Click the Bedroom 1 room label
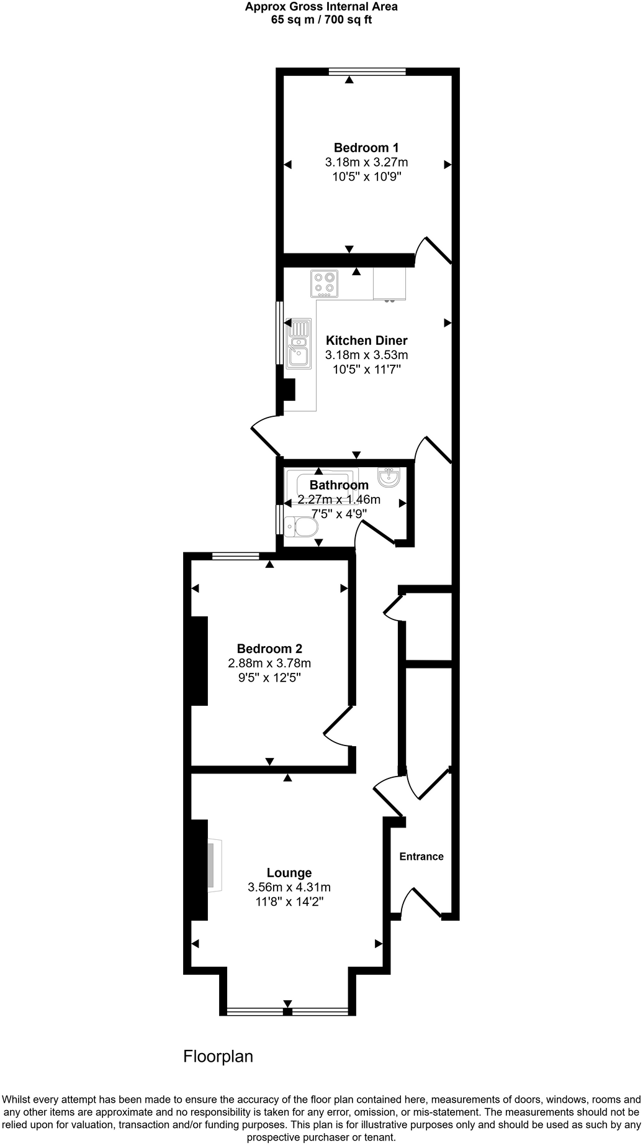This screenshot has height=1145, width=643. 366,148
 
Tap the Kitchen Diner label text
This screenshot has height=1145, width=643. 366,340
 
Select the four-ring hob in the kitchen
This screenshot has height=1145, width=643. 325,283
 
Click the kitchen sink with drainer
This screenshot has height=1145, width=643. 299,344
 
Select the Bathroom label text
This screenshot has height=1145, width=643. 339,485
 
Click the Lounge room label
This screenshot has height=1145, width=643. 289,873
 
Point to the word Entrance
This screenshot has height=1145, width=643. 421,857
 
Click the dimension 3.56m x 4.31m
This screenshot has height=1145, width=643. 289,887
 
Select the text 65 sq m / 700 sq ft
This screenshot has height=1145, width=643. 321,19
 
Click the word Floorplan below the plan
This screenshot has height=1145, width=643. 218,1056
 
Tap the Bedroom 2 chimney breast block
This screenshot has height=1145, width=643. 199,660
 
